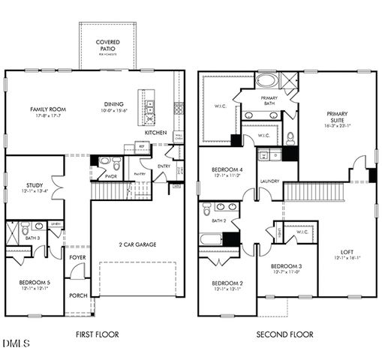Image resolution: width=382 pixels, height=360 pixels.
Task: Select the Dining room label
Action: (115, 104)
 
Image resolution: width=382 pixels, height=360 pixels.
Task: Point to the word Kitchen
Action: (156, 133)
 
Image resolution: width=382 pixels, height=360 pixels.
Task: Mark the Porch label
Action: (78, 295)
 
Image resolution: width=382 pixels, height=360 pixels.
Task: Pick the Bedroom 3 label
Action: (286, 267)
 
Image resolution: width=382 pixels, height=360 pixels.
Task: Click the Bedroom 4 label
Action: (227, 169)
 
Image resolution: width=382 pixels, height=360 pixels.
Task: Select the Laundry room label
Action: (270, 181)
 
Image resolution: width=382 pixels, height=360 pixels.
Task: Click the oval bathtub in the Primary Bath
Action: (267, 80)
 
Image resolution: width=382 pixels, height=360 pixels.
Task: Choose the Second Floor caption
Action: (285, 334)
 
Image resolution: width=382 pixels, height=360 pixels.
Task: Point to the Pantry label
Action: (139, 174)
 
